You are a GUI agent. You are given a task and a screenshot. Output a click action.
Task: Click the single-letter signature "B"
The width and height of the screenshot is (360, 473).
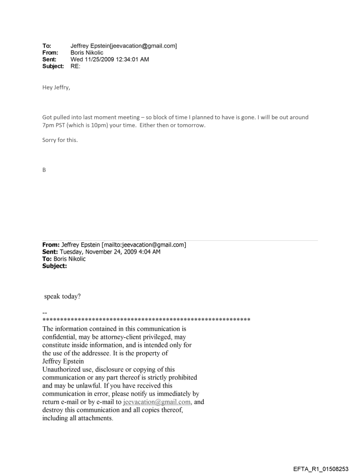coord(44,168)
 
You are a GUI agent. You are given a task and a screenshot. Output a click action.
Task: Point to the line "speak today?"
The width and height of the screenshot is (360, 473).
coord(62,296)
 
